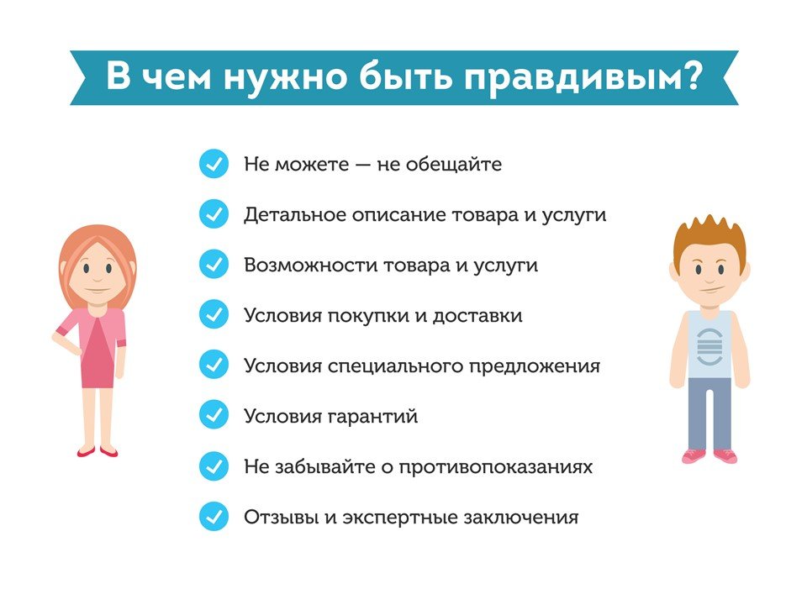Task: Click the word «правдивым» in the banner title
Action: tap(575, 79)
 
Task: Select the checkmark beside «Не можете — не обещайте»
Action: tap(214, 164)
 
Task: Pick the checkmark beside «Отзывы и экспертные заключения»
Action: tap(214, 517)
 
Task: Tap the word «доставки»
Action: tap(477, 315)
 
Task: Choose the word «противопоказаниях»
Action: tap(496, 467)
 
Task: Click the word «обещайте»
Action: tap(453, 164)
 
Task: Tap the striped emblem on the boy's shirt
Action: tap(709, 346)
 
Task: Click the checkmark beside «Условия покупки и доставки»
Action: tap(214, 315)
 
